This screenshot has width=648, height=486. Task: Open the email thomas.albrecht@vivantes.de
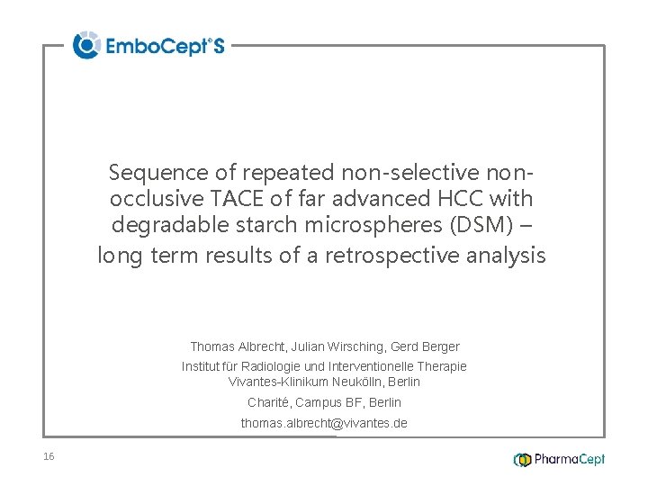click(324, 423)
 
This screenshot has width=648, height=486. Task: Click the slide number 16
click(49, 457)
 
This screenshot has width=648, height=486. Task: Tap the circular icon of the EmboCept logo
click(86, 45)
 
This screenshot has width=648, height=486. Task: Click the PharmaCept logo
click(559, 460)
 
